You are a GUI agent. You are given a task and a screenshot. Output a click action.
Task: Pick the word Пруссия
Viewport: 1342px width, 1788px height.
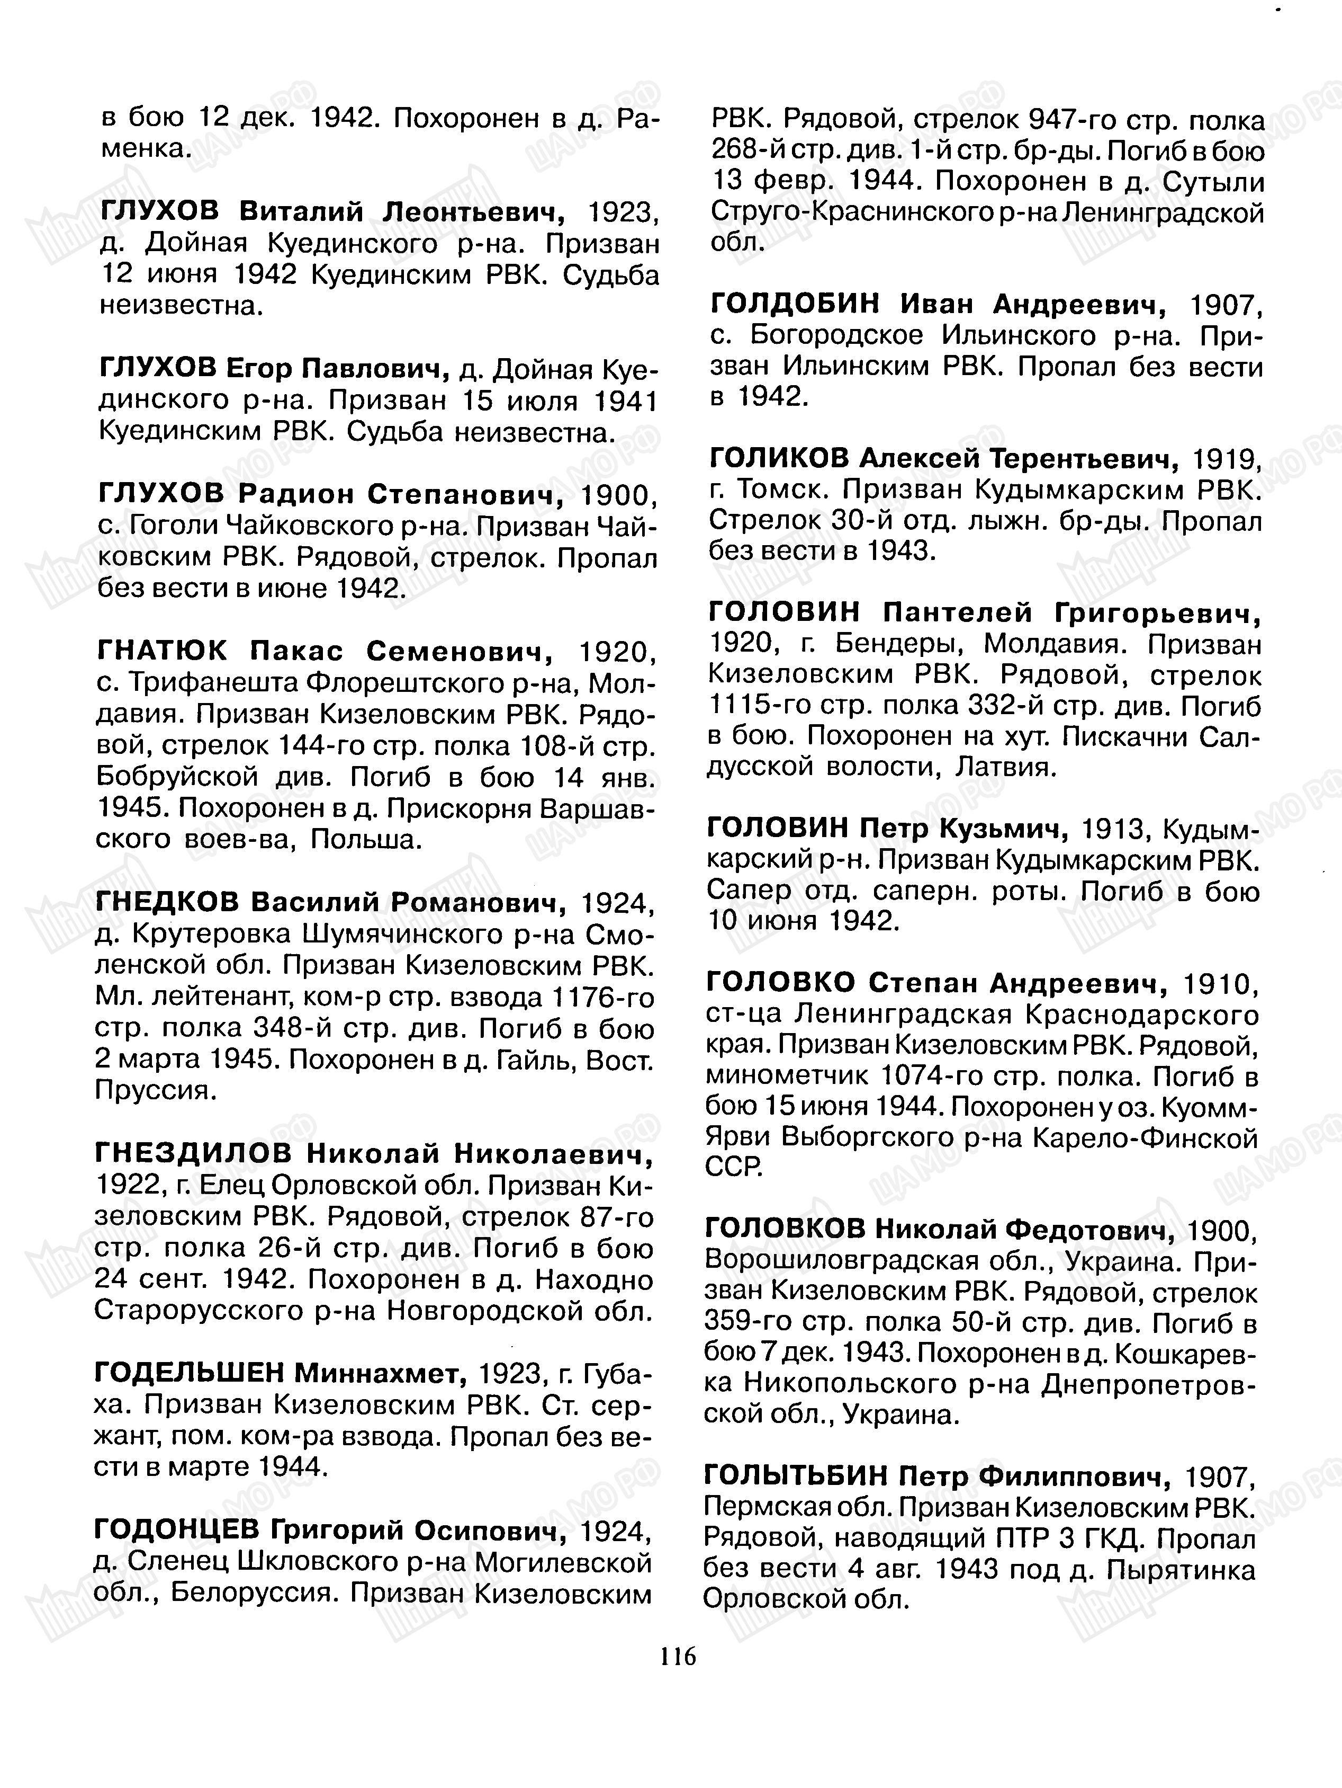(155, 1091)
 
